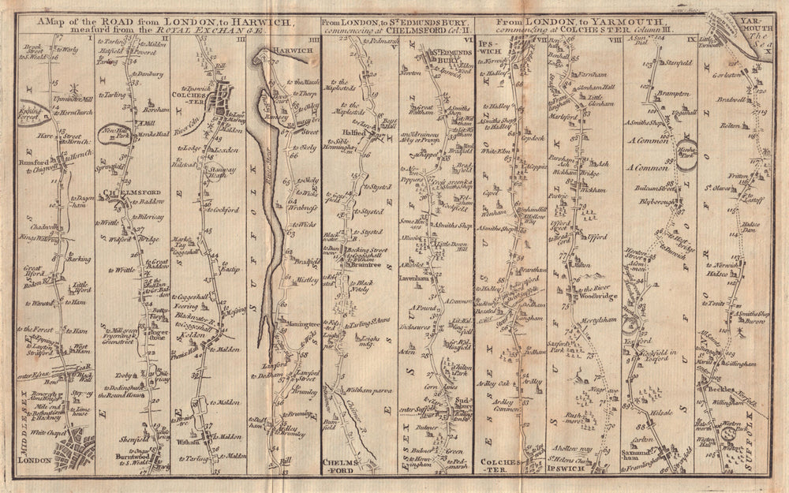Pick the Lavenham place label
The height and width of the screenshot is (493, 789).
pos(423,278)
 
